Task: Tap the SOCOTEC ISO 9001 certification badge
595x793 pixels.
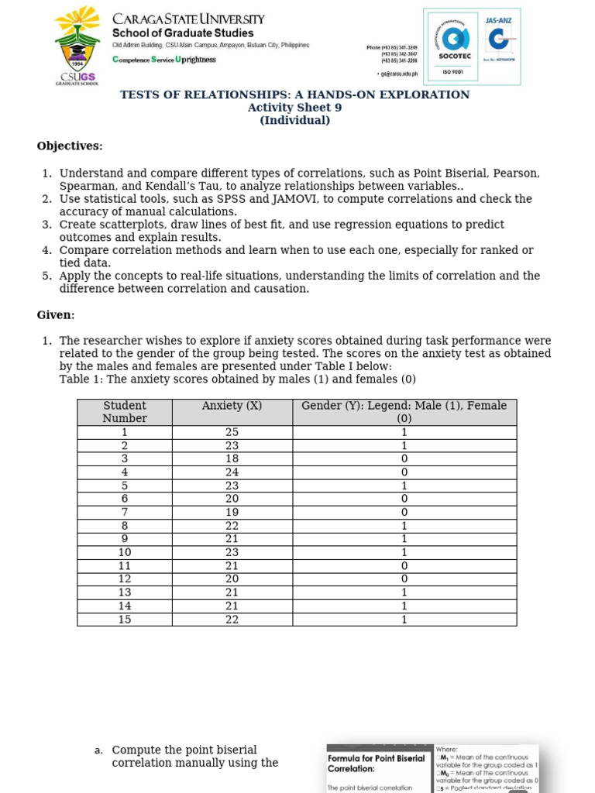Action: pyautogui.click(x=449, y=46)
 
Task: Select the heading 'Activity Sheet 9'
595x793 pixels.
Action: pyautogui.click(x=294, y=108)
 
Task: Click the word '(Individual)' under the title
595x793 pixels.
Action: pyautogui.click(x=294, y=120)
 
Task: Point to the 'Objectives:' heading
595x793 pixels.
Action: pyautogui.click(x=70, y=146)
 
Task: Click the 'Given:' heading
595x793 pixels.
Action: pyautogui.click(x=56, y=315)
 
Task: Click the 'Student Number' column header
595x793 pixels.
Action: pyautogui.click(x=125, y=412)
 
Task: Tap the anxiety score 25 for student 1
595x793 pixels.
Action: pyautogui.click(x=232, y=432)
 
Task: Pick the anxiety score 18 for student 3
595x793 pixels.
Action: pyautogui.click(x=232, y=459)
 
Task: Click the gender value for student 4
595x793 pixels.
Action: pyautogui.click(x=404, y=472)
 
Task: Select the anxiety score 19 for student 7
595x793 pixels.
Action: pyautogui.click(x=232, y=513)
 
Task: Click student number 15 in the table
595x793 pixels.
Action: pyautogui.click(x=125, y=620)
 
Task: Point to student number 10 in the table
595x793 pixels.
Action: pyautogui.click(x=125, y=553)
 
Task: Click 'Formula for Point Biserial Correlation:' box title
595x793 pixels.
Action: pyautogui.click(x=376, y=764)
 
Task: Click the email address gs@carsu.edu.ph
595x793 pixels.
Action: pyautogui.click(x=400, y=74)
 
